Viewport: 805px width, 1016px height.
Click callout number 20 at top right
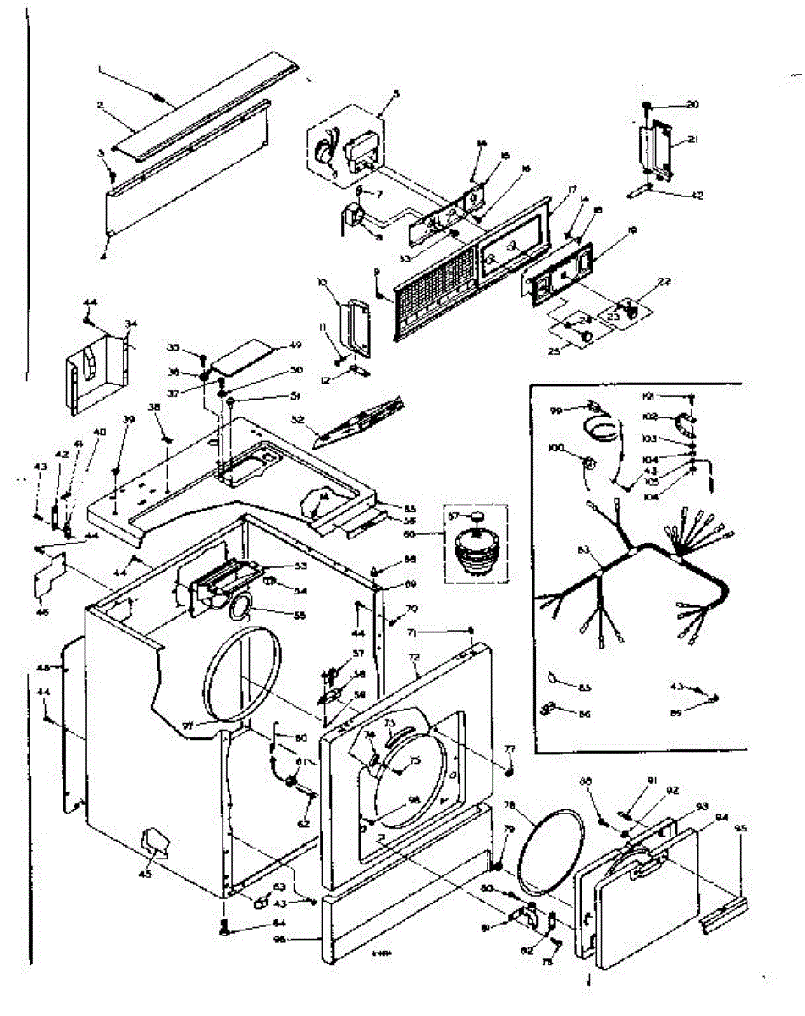(x=692, y=105)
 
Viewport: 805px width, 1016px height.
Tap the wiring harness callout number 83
(x=583, y=551)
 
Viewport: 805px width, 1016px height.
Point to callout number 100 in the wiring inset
(x=556, y=446)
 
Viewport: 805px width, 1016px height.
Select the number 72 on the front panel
(x=414, y=657)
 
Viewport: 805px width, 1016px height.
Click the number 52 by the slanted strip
(x=297, y=418)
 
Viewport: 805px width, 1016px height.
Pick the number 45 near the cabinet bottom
(x=145, y=874)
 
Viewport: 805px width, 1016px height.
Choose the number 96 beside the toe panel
(x=304, y=940)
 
